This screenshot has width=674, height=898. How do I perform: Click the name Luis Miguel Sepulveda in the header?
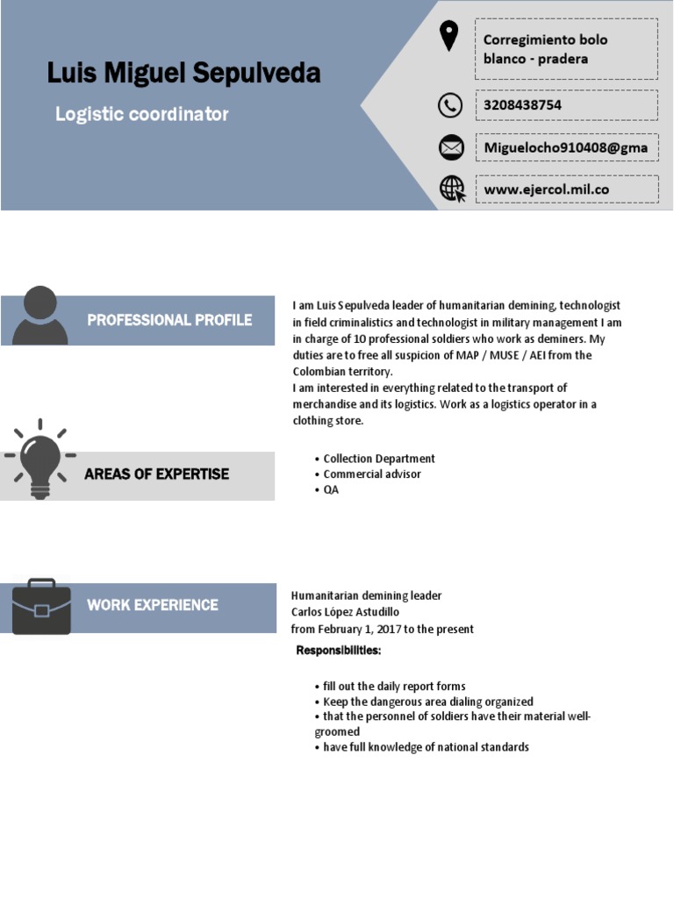click(x=183, y=73)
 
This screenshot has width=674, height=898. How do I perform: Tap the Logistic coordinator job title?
click(x=141, y=114)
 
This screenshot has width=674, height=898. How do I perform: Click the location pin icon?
click(x=449, y=37)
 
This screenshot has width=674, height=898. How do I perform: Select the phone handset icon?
click(x=450, y=105)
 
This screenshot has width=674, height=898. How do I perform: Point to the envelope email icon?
click(x=451, y=147)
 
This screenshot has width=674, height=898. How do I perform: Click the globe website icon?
click(x=452, y=189)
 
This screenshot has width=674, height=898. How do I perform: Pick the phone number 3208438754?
click(x=523, y=105)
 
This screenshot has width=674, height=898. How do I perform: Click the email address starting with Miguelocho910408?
click(x=566, y=147)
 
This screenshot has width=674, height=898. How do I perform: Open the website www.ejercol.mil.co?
click(x=546, y=189)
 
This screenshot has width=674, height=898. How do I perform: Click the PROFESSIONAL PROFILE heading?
click(x=169, y=320)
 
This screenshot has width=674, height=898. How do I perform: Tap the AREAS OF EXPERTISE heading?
click(x=156, y=474)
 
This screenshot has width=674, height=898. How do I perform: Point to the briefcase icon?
click(x=41, y=606)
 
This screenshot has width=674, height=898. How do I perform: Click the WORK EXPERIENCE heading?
click(x=153, y=605)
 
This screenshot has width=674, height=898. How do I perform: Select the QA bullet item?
click(x=331, y=490)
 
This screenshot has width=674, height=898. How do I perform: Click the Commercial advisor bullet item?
click(x=372, y=474)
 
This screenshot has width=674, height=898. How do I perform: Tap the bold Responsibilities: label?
click(x=339, y=651)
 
